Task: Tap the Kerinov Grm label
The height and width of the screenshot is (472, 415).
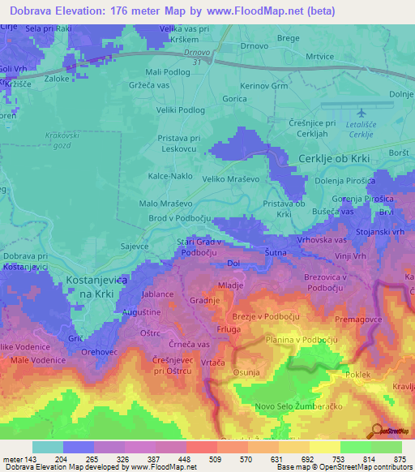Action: coord(265,86)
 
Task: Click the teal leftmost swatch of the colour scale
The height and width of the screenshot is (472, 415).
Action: coord(47,447)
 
